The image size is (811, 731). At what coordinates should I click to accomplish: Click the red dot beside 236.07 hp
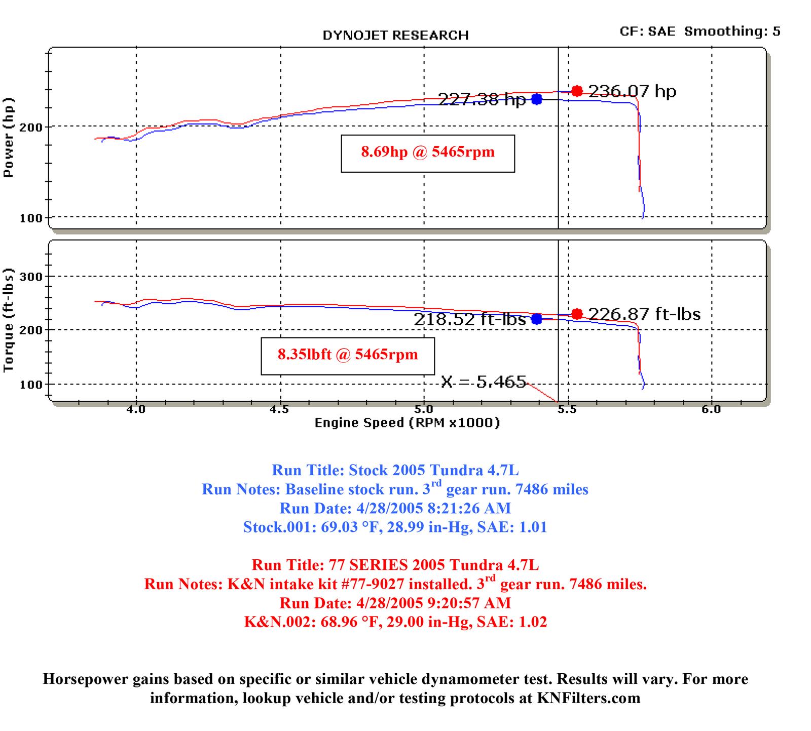click(x=577, y=91)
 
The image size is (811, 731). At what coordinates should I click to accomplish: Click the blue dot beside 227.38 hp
click(x=537, y=99)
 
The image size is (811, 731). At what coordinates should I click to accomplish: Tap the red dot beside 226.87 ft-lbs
click(x=577, y=314)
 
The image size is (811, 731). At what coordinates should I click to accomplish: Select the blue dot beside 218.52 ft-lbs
click(x=537, y=319)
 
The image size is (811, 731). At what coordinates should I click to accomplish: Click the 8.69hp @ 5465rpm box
click(x=428, y=153)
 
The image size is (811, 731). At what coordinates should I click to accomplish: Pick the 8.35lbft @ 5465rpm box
click(x=348, y=355)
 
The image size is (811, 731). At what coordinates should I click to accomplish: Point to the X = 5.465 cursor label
click(x=484, y=381)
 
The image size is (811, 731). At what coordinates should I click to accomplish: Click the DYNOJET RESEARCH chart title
click(x=395, y=35)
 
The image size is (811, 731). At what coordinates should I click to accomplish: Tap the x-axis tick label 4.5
click(x=279, y=409)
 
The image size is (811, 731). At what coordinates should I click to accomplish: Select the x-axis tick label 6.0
click(x=711, y=409)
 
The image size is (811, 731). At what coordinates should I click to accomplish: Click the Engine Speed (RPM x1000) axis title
click(x=407, y=423)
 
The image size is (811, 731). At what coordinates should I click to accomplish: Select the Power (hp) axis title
click(x=9, y=137)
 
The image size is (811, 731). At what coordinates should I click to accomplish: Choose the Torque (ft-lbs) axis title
click(x=9, y=321)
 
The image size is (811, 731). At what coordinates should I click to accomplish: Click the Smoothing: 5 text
click(x=732, y=31)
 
